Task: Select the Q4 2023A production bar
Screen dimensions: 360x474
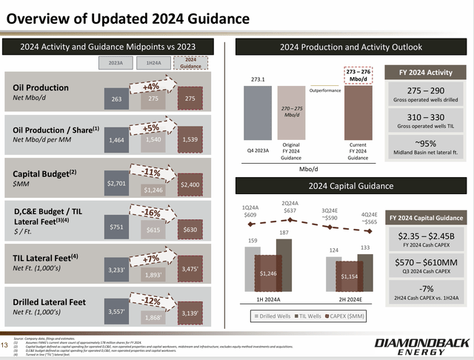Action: pyautogui.click(x=257, y=113)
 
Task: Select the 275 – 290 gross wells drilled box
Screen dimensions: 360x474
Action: pyautogui.click(x=425, y=93)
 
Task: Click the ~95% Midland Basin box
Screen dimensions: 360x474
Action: pyautogui.click(x=425, y=149)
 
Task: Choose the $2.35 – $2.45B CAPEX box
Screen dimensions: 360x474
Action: pyautogui.click(x=425, y=240)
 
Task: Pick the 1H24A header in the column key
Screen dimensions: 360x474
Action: pyautogui.click(x=153, y=64)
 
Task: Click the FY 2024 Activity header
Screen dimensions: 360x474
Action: pyautogui.click(x=424, y=73)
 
